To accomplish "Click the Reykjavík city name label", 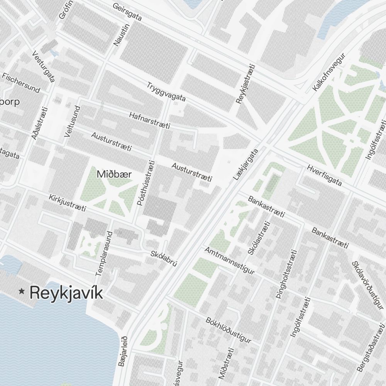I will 66,293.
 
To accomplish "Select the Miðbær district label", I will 114,174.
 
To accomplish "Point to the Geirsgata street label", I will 128,12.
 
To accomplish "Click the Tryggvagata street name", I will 166,92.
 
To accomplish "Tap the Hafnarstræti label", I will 150,121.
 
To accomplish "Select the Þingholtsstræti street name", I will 286,274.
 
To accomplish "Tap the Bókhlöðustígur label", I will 229,330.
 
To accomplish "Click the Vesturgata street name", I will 44,66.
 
